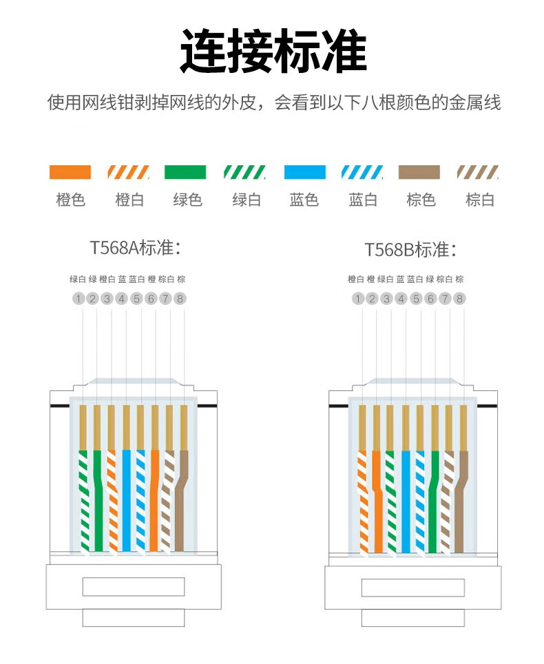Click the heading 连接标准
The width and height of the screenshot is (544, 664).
click(x=272, y=52)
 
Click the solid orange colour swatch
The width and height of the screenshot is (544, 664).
click(x=70, y=172)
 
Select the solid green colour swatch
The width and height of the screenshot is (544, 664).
click(x=186, y=172)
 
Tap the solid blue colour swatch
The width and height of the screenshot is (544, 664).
click(x=304, y=172)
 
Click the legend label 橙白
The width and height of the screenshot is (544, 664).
click(x=129, y=200)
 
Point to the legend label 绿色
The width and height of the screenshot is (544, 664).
click(x=187, y=200)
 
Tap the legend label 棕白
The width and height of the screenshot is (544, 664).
click(x=480, y=200)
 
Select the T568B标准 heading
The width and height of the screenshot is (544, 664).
click(x=411, y=249)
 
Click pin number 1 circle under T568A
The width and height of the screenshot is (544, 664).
click(x=79, y=299)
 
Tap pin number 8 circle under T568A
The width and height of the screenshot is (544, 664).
click(x=180, y=299)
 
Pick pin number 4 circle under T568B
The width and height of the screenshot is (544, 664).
click(x=401, y=299)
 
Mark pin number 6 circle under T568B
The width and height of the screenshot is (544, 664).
click(x=431, y=299)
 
